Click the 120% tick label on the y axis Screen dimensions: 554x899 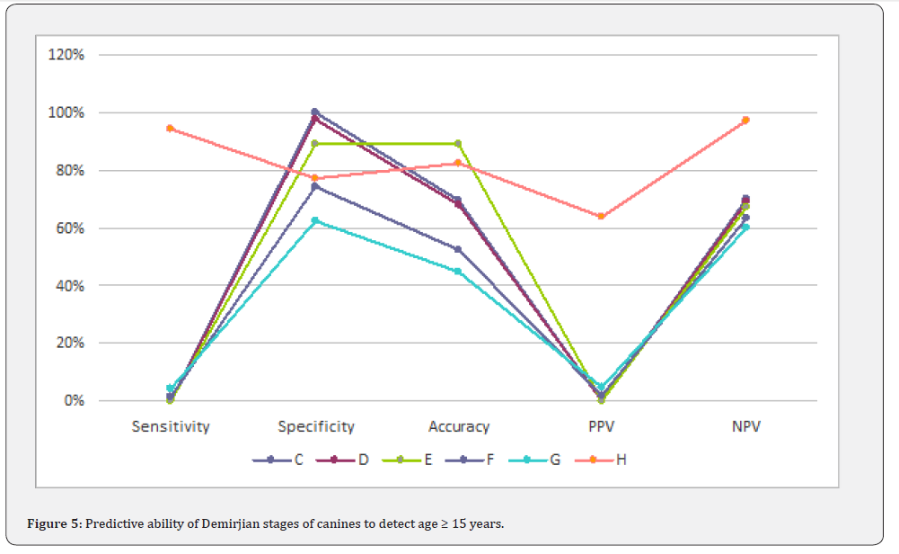click(x=67, y=55)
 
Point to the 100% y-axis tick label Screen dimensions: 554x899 click(x=67, y=112)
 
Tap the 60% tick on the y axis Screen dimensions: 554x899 click(x=70, y=228)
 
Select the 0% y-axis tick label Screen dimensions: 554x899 click(x=74, y=401)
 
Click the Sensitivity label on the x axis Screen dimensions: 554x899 click(x=171, y=426)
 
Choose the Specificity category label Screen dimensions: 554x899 click(x=315, y=426)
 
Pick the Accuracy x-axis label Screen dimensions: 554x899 click(x=459, y=426)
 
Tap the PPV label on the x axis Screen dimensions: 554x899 click(x=602, y=426)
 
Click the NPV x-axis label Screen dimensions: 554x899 click(x=745, y=426)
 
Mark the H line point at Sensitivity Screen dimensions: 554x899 click(x=171, y=129)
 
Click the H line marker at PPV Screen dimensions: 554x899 click(x=602, y=216)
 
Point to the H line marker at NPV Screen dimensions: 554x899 click(x=745, y=121)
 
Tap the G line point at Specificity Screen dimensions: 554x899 click(x=315, y=220)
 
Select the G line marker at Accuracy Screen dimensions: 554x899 click(x=458, y=272)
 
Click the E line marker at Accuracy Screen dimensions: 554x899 click(x=458, y=144)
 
